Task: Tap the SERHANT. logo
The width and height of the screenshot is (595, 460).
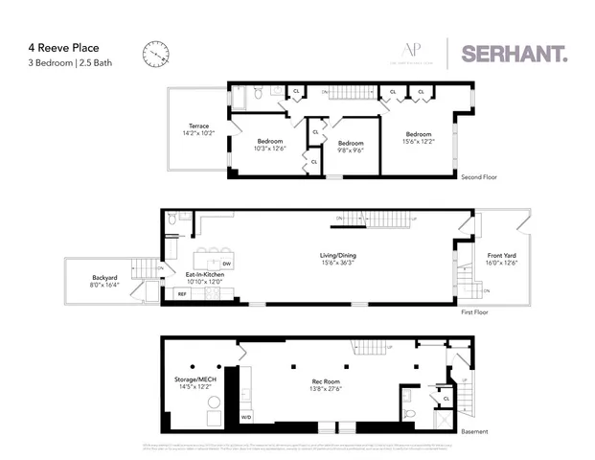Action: tap(515, 54)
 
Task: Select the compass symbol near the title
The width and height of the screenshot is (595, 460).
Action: tap(154, 54)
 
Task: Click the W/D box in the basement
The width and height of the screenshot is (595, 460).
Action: tap(245, 417)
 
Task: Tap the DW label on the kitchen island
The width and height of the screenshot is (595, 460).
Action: tap(226, 264)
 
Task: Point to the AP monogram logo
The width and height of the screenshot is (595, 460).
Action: tap(412, 52)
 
